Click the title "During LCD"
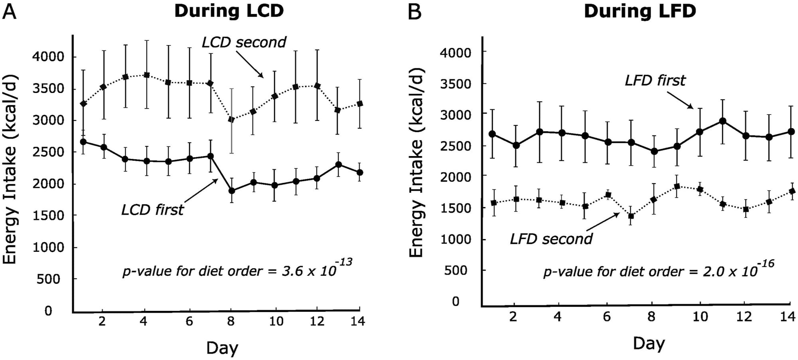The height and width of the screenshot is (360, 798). tap(229, 11)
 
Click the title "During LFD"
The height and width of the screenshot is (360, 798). tap(640, 11)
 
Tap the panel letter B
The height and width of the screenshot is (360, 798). tap(415, 12)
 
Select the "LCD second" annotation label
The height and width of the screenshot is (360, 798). tap(244, 42)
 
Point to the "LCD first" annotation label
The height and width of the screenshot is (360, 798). tap(152, 210)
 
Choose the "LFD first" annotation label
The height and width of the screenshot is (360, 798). tap(655, 80)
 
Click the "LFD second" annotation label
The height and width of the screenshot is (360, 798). tap(551, 239)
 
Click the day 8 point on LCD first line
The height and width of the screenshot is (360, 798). tap(231, 190)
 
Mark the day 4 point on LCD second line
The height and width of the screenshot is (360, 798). tap(146, 75)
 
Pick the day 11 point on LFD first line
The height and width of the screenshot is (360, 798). tap(722, 121)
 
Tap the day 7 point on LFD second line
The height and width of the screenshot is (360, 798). tap(631, 216)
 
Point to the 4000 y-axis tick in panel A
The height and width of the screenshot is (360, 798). tap(48, 57)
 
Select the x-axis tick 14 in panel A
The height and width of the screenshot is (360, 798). tap(358, 321)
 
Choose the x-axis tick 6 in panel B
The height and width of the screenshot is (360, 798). tap(606, 317)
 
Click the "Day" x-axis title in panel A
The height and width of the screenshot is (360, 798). tap(222, 348)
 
